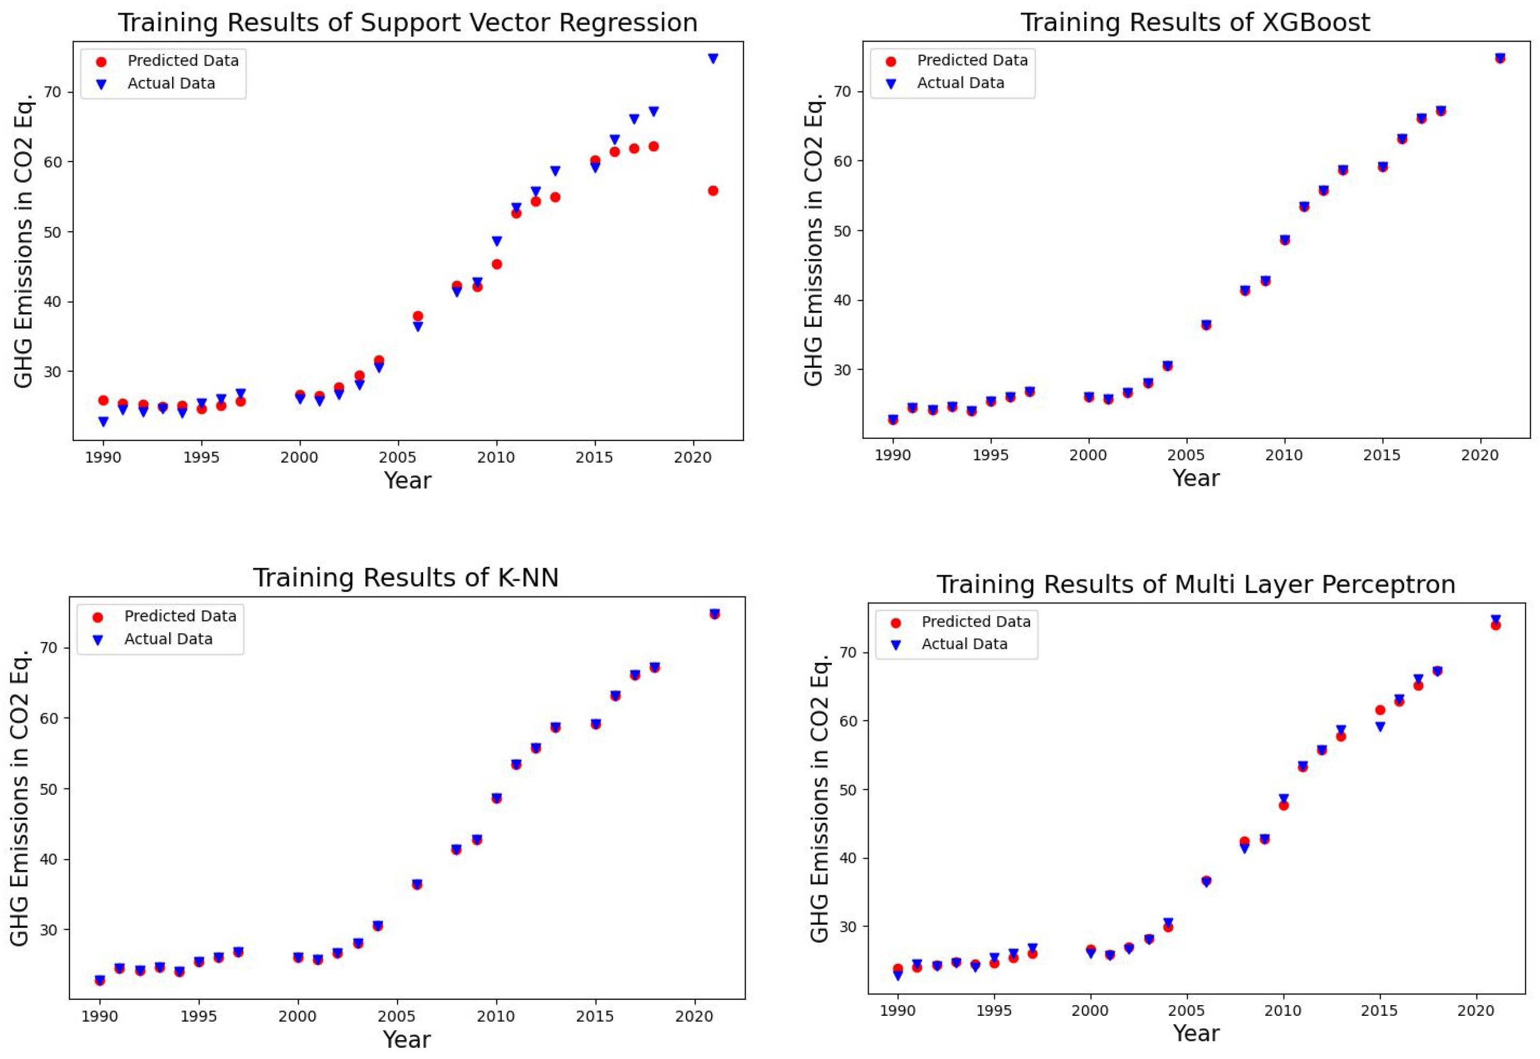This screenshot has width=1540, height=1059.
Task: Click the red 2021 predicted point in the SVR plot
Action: pos(713,191)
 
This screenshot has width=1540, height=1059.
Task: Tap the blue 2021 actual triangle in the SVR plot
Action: pos(713,58)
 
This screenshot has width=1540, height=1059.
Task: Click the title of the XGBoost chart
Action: pos(1194,23)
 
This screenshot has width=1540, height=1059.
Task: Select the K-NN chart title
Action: pos(406,578)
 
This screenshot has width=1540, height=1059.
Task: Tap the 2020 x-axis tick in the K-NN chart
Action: pos(695,1016)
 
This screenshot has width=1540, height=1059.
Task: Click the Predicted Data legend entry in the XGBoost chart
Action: pos(971,61)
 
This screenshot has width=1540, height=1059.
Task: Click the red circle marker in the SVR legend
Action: pos(101,62)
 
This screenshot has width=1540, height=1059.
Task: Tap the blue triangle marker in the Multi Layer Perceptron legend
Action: pos(895,645)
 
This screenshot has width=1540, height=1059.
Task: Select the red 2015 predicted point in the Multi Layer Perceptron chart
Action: pos(1380,710)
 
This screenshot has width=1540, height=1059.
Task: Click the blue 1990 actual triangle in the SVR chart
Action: pos(103,421)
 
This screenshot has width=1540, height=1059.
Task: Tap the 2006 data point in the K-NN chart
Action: pos(416,884)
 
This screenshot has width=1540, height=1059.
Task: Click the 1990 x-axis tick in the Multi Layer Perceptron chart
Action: pos(897,1011)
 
